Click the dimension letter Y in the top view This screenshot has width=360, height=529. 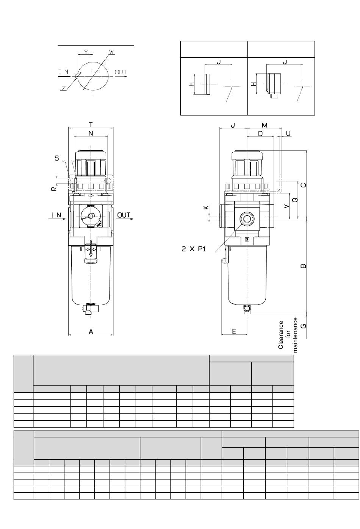[x=86, y=51]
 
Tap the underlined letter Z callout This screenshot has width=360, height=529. [x=64, y=88]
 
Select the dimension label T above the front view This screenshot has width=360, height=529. [x=91, y=125]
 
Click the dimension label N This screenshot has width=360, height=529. [x=91, y=133]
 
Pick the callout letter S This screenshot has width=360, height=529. [x=56, y=158]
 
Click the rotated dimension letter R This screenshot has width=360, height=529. [x=54, y=189]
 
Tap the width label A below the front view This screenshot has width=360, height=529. [x=91, y=332]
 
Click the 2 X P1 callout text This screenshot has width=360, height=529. [x=194, y=249]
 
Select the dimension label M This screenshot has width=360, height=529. [x=265, y=125]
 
